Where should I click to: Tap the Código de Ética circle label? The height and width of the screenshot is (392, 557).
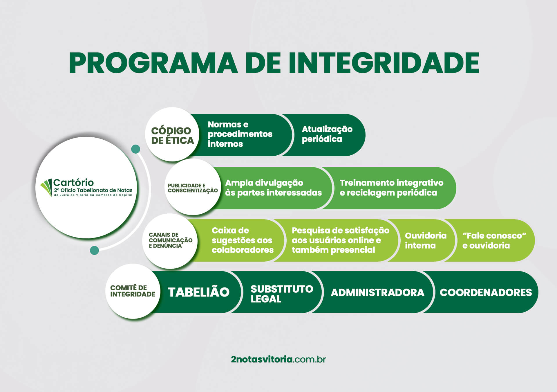(172, 135)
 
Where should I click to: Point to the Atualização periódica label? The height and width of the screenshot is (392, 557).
(327, 134)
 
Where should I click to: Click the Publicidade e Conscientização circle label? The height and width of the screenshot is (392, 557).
(193, 188)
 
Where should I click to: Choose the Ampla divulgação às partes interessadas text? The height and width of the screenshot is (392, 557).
(273, 188)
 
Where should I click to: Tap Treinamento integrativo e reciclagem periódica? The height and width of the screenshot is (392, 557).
(391, 188)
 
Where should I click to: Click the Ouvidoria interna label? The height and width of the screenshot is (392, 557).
(426, 240)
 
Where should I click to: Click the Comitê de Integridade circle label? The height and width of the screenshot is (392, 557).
(133, 291)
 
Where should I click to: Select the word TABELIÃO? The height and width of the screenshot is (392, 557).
(199, 292)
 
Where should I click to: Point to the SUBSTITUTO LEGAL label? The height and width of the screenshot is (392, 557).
(282, 294)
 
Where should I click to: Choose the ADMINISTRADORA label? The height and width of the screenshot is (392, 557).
(377, 292)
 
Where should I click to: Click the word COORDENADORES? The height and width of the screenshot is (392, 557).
(486, 292)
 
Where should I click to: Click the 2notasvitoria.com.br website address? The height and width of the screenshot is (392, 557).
(278, 359)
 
